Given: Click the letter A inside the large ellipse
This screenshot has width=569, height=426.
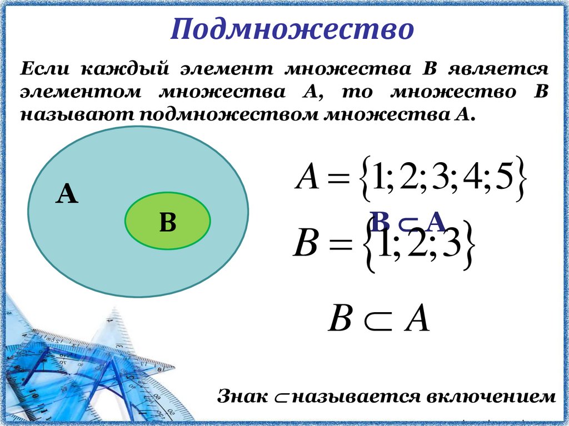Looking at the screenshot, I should [67, 195].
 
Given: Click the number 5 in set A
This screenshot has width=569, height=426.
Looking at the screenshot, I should [503, 179].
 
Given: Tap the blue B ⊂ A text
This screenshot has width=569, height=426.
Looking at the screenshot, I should [408, 223].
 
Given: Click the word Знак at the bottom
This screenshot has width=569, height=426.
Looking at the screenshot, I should [241, 397].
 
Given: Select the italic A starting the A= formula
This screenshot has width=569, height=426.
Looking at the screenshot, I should [306, 179].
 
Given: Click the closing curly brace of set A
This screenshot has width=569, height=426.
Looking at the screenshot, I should [523, 179].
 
